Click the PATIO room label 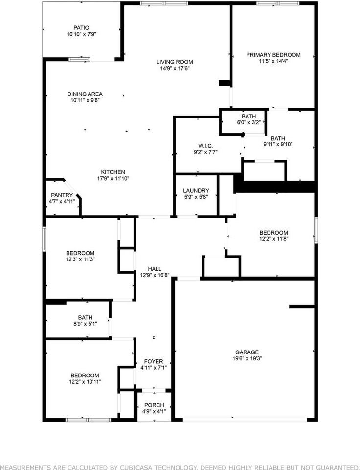pos(82,28)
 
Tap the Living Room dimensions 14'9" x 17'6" pos(175,69)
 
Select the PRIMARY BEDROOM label pos(273,55)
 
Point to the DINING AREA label pos(85,94)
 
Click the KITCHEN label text pos(113,172)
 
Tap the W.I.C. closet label pos(205,145)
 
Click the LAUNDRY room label pos(196,191)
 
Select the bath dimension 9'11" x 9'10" pos(278,144)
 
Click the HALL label pos(155,269)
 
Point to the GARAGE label pos(247,352)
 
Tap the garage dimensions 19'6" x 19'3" pos(247,358)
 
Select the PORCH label pos(154,405)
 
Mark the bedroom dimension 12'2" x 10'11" pos(85,381)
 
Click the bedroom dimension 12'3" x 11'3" pos(80,259)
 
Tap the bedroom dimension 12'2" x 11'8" pos(273,239)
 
